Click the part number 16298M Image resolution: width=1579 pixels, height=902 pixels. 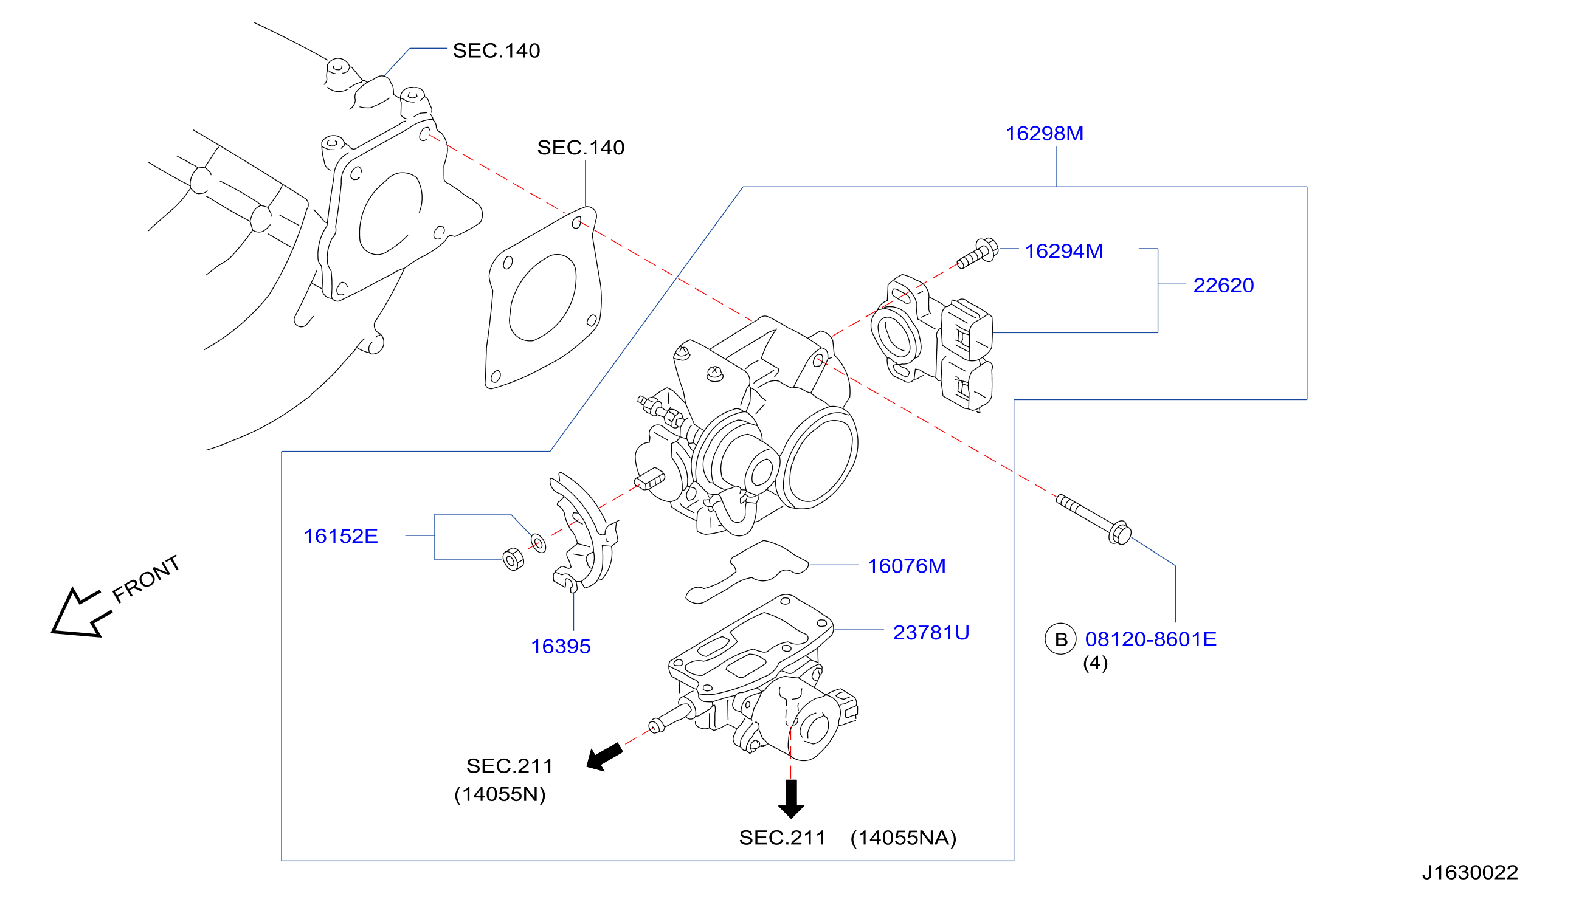click(x=1044, y=133)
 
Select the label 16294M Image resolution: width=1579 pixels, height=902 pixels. click(x=1063, y=251)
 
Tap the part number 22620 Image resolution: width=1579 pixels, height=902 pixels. click(x=1223, y=285)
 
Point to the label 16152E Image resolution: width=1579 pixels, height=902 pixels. click(x=340, y=536)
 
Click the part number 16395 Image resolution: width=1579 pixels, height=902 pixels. click(x=561, y=646)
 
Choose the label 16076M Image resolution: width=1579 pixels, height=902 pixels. click(x=907, y=566)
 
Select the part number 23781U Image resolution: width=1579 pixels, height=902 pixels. click(x=931, y=632)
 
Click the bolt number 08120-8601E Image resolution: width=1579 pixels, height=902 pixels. click(x=1151, y=639)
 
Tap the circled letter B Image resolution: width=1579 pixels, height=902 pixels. click(x=1061, y=639)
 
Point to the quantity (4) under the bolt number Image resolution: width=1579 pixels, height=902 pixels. click(x=1095, y=663)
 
